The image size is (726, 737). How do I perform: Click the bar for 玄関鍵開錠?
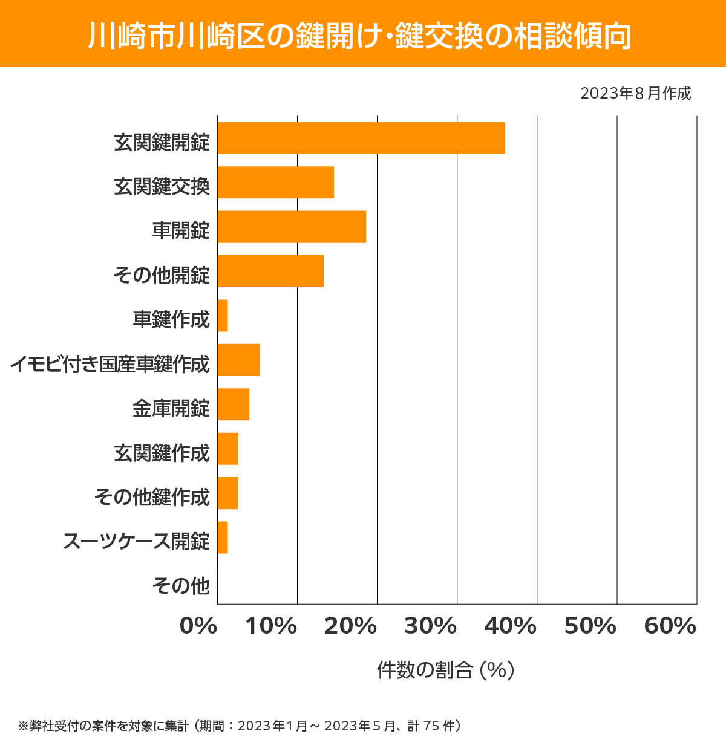tap(361, 138)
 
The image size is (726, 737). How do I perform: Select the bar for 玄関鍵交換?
tap(276, 183)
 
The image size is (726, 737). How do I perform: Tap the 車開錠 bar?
tap(292, 227)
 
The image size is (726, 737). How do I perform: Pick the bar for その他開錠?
tap(270, 271)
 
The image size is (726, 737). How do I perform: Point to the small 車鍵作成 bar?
tap(223, 316)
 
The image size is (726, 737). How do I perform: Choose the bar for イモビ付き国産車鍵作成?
tap(238, 360)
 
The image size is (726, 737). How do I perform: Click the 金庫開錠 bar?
tap(234, 404)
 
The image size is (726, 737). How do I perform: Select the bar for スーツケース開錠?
tap(223, 537)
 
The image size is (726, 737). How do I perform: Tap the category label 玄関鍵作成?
tap(162, 453)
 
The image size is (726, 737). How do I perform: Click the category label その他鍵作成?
tap(152, 497)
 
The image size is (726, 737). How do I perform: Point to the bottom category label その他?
tap(181, 585)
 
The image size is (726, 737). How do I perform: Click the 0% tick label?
tap(198, 626)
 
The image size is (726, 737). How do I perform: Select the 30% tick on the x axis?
tap(430, 626)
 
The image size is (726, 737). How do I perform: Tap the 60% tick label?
tap(670, 626)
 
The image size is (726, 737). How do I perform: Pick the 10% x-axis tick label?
tap(271, 626)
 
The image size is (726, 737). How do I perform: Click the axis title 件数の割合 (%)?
tap(445, 670)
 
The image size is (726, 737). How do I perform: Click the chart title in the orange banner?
tap(361, 35)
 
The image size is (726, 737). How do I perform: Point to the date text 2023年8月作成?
tap(635, 93)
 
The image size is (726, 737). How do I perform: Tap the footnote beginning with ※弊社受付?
tap(240, 726)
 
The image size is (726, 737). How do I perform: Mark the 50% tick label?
tap(590, 626)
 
